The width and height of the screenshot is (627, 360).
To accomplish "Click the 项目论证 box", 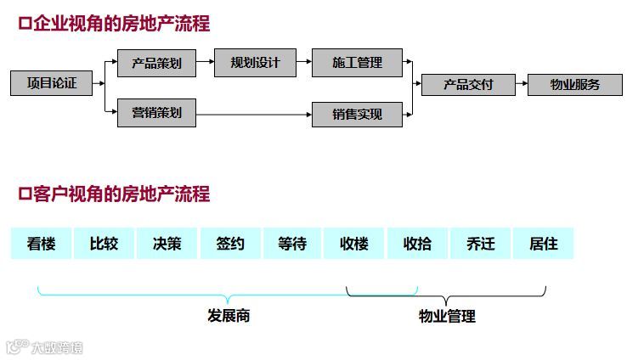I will point(51,83).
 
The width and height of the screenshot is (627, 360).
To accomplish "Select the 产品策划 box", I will point(156,63).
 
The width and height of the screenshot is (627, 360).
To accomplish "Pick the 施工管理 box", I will point(357,63).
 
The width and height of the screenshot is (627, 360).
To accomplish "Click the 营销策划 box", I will point(156,113).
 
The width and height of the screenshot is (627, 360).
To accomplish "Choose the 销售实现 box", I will point(357,114).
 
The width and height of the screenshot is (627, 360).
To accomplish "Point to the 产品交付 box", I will point(468,84).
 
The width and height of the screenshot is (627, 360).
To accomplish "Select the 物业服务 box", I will point(574,84).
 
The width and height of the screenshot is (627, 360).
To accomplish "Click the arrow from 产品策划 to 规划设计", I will point(206,63).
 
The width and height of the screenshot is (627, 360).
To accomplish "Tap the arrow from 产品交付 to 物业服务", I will point(521,84).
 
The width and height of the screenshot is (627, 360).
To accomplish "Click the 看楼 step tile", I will point(41,244).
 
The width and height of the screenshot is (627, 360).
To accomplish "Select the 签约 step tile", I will point(229,244).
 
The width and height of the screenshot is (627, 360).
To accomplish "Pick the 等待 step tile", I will point(292,244).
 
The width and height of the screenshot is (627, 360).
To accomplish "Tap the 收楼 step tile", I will point(354,244).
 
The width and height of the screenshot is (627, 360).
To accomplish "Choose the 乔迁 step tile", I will point(480,244).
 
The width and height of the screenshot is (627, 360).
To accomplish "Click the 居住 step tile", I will point(543,244).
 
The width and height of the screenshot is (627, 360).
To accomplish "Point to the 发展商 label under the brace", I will point(229,316).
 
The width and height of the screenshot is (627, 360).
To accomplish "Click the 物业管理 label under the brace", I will point(447,316).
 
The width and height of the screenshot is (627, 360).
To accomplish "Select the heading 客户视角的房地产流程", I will point(114,194).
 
